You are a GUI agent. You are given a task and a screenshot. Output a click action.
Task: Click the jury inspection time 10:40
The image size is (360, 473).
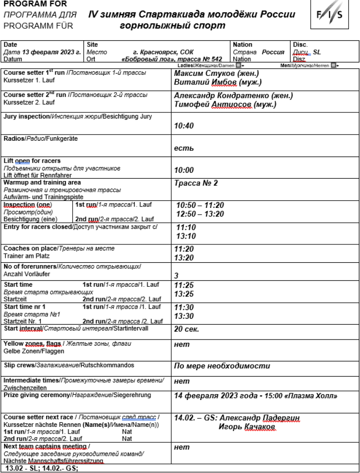pyautogui.click(x=183, y=126)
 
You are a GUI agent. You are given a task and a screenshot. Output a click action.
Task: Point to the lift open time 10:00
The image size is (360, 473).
pyautogui.click(x=183, y=170)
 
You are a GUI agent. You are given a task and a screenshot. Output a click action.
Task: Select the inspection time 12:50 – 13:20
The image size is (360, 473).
pyautogui.click(x=200, y=213)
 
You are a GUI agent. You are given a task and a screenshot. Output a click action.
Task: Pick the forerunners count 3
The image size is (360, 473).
pyautogui.click(x=176, y=275)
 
